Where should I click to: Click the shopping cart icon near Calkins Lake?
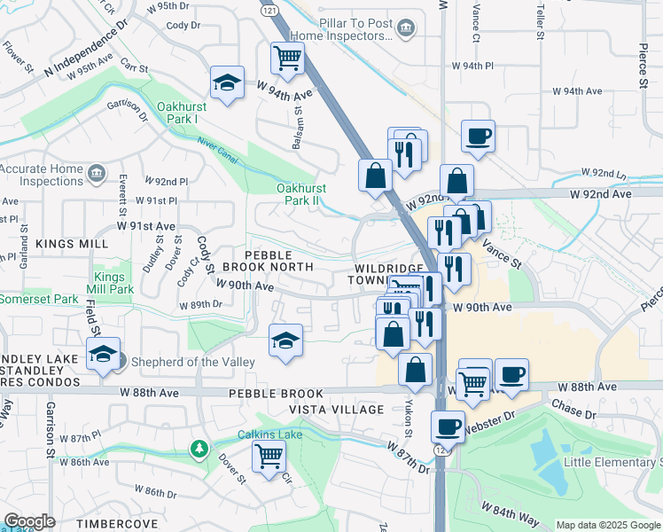point(269,457)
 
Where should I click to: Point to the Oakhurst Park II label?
point(301,194)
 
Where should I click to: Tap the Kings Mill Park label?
point(113,283)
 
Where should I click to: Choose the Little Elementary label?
point(612,462)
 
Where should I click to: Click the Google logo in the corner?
point(29,521)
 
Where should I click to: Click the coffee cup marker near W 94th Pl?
point(478,137)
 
